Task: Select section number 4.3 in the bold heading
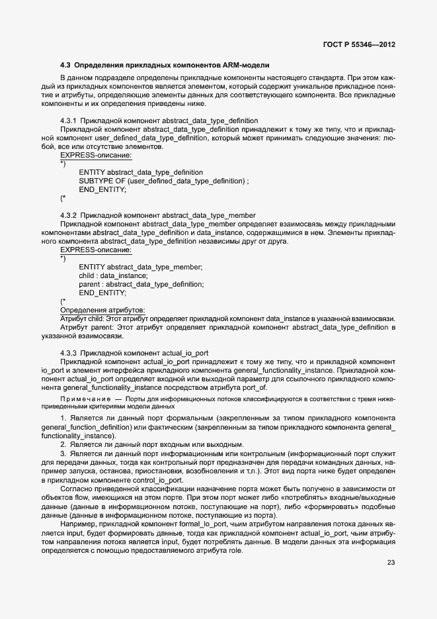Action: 65,66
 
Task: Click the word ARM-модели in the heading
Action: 246,66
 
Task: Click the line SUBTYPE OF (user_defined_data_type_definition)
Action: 163,181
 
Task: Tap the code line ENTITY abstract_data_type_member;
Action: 140,267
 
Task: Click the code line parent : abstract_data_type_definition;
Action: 141,284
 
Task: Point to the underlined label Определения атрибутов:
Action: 102,310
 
